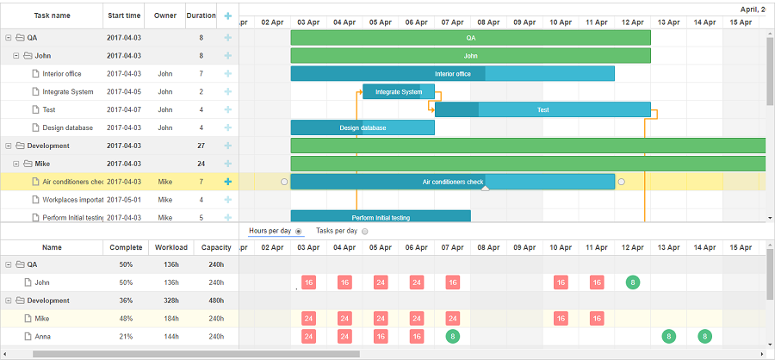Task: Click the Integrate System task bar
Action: pos(398,92)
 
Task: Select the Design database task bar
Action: pos(363,128)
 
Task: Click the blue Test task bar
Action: pos(542,110)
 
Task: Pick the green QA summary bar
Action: pos(470,38)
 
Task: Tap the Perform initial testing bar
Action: pos(380,217)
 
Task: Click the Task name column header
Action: pos(52,16)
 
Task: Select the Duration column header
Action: pos(201,16)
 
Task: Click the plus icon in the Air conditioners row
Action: pos(228,182)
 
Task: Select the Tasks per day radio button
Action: pos(364,232)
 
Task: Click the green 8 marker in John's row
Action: pos(633,282)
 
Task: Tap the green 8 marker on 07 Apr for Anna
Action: pos(452,337)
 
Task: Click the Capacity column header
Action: pos(216,247)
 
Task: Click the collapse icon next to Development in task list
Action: pos(9,146)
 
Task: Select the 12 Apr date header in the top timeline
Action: pos(633,22)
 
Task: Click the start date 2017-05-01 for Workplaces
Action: pos(124,200)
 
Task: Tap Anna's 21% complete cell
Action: pos(126,337)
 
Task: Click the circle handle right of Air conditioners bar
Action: pos(622,182)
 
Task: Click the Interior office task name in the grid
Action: pos(62,74)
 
